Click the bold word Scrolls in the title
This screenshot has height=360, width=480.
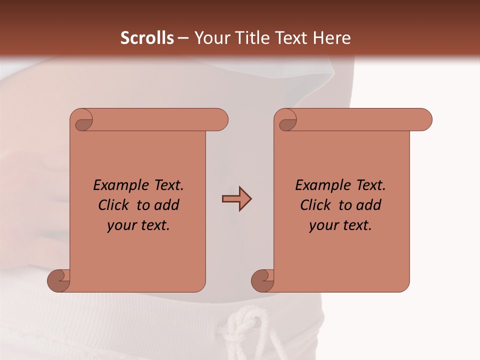point(147,38)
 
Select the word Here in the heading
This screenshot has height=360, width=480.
point(331,38)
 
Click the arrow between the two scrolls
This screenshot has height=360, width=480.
point(236,199)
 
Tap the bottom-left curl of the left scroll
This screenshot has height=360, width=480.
point(59,280)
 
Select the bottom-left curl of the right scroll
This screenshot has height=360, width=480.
point(263,280)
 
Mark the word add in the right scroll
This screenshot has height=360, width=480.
point(369,205)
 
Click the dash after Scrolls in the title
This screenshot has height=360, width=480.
point(183,38)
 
